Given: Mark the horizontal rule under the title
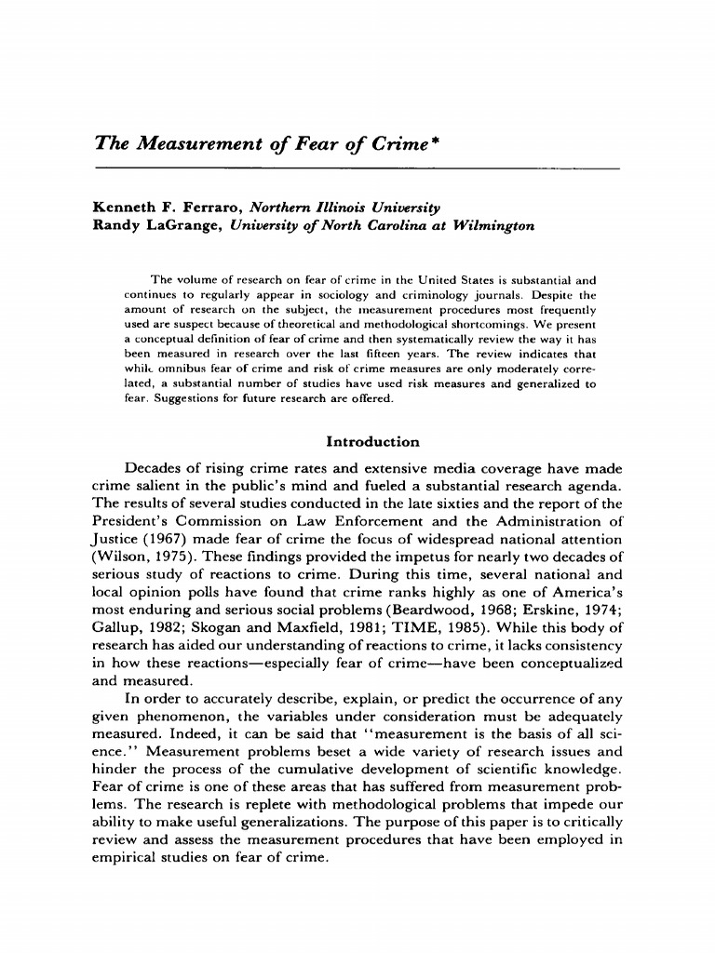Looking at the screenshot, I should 357,168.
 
